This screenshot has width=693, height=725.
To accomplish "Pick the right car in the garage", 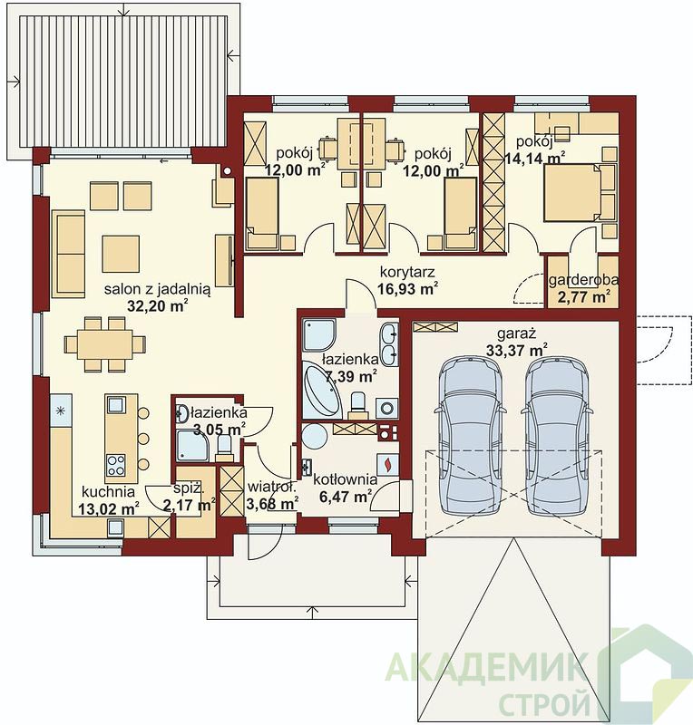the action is pyautogui.click(x=556, y=436).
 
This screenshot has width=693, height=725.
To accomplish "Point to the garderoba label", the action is pyautogui.click(x=583, y=280).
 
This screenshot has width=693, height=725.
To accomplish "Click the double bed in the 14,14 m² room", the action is pyautogui.click(x=579, y=192).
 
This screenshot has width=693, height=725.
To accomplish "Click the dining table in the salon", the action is pyautogui.click(x=104, y=344).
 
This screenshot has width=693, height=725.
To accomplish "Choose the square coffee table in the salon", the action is pyautogui.click(x=121, y=254).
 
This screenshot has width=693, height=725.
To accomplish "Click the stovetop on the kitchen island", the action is pyautogui.click(x=115, y=465).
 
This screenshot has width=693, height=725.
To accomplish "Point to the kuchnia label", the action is pyautogui.click(x=108, y=492).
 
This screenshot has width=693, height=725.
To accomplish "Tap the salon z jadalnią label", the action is pyautogui.click(x=158, y=289).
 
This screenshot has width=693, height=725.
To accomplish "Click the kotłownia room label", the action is pyautogui.click(x=346, y=480).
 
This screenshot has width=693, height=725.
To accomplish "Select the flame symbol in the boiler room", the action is pyautogui.click(x=388, y=464).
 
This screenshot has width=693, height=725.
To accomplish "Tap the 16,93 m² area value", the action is pyautogui.click(x=408, y=288).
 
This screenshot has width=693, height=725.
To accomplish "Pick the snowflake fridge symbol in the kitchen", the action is pyautogui.click(x=60, y=411).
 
